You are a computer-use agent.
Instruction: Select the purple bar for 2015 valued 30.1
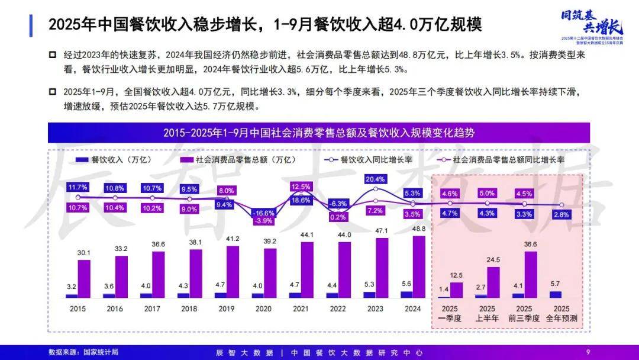(84, 278)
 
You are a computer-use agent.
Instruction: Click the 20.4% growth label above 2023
(376, 179)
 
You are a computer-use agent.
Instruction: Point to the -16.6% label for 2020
(263, 212)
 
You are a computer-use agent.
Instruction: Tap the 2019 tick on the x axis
(227, 308)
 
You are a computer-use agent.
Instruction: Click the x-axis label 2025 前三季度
(524, 313)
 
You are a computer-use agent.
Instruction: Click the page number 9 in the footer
(588, 352)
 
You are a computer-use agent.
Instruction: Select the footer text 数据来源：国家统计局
(83, 352)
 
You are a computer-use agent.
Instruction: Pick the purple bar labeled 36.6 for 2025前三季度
(531, 274)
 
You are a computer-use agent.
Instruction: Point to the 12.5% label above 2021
(301, 187)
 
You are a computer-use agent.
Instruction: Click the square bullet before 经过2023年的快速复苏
(53, 55)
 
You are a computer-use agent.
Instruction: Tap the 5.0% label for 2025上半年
(486, 193)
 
